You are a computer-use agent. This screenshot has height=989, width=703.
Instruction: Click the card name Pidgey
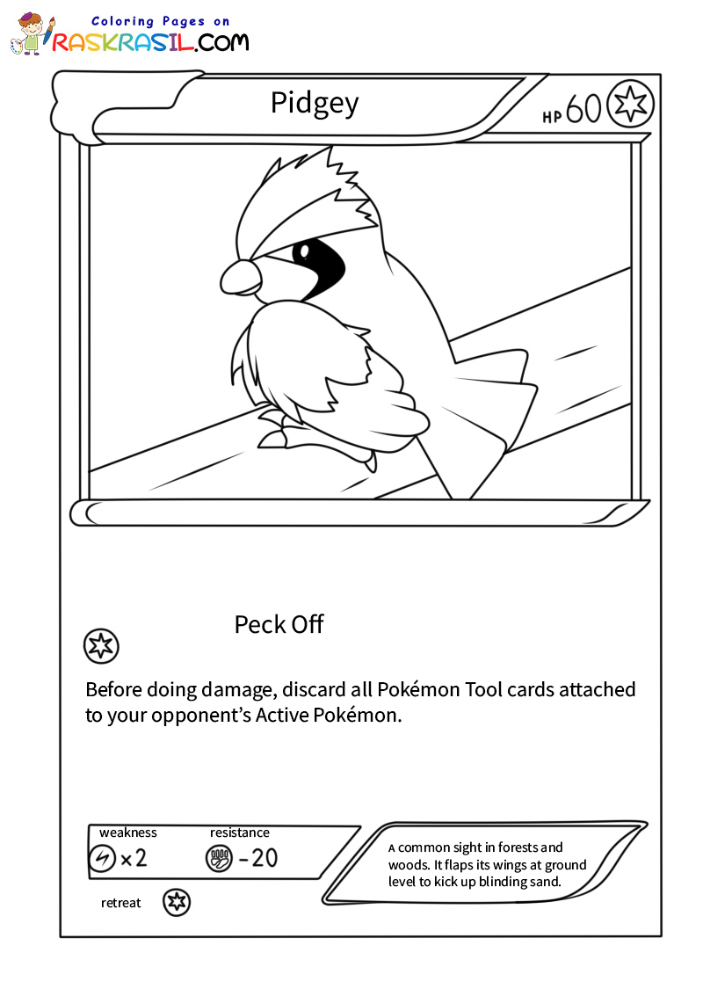(315, 104)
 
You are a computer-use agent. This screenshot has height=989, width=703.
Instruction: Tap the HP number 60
(583, 108)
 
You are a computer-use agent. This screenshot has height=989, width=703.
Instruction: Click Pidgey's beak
(240, 278)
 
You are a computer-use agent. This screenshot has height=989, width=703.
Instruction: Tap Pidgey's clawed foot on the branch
(274, 435)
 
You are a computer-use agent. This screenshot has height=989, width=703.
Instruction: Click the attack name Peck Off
(279, 624)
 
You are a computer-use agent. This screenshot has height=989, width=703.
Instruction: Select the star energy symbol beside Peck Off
(100, 646)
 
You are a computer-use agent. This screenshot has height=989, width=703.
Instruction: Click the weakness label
(128, 833)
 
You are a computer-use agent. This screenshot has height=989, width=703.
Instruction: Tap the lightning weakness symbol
(102, 858)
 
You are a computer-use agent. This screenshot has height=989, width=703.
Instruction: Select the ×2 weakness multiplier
(134, 858)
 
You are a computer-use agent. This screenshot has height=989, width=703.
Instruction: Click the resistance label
(240, 833)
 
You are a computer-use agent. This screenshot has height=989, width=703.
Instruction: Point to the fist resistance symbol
(218, 858)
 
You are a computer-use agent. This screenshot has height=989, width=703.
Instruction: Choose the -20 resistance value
(258, 858)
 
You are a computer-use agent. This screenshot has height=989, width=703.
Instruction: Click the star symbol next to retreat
(177, 902)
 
